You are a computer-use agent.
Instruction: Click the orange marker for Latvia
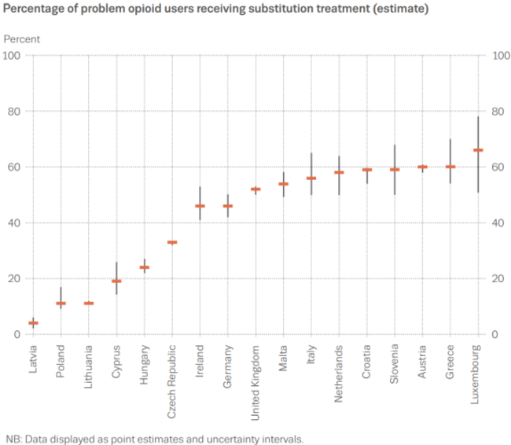pyautogui.click(x=33, y=323)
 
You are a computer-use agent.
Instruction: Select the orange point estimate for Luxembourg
pyautogui.click(x=478, y=150)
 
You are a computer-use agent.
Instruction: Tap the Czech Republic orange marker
pyautogui.click(x=172, y=242)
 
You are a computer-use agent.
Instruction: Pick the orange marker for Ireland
pyautogui.click(x=200, y=206)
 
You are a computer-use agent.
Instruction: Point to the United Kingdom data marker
pyautogui.click(x=256, y=189)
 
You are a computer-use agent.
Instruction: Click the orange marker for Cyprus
pyautogui.click(x=116, y=281)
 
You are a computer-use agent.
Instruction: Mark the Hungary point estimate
pyautogui.click(x=145, y=267)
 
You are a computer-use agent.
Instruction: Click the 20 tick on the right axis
pyautogui.click(x=497, y=278)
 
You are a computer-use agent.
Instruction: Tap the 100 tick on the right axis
pyautogui.click(x=499, y=55)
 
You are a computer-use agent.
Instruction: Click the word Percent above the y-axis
pyautogui.click(x=22, y=39)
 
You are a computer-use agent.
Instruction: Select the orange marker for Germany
pyautogui.click(x=227, y=206)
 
